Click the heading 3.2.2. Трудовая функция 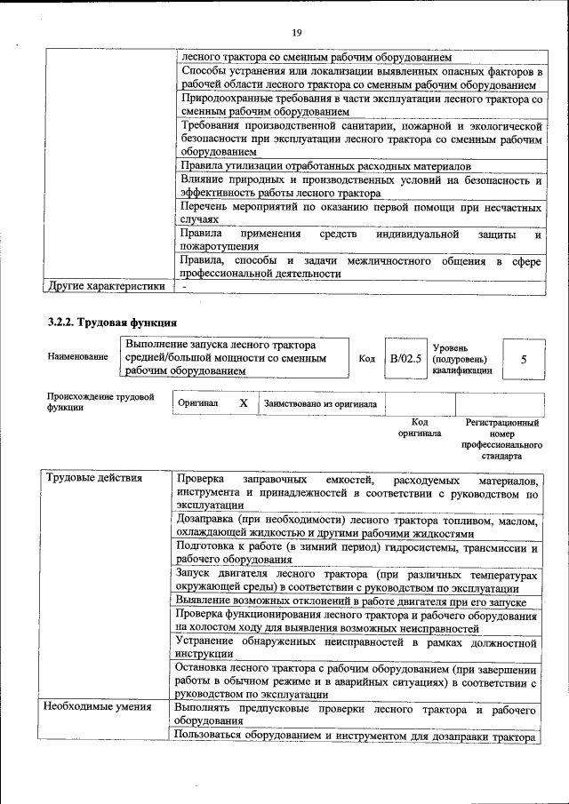[x=112, y=322]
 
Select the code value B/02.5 [x=405, y=359]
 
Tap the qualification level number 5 [x=524, y=359]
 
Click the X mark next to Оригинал [x=244, y=403]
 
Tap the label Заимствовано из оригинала [x=320, y=404]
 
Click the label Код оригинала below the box [x=420, y=427]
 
